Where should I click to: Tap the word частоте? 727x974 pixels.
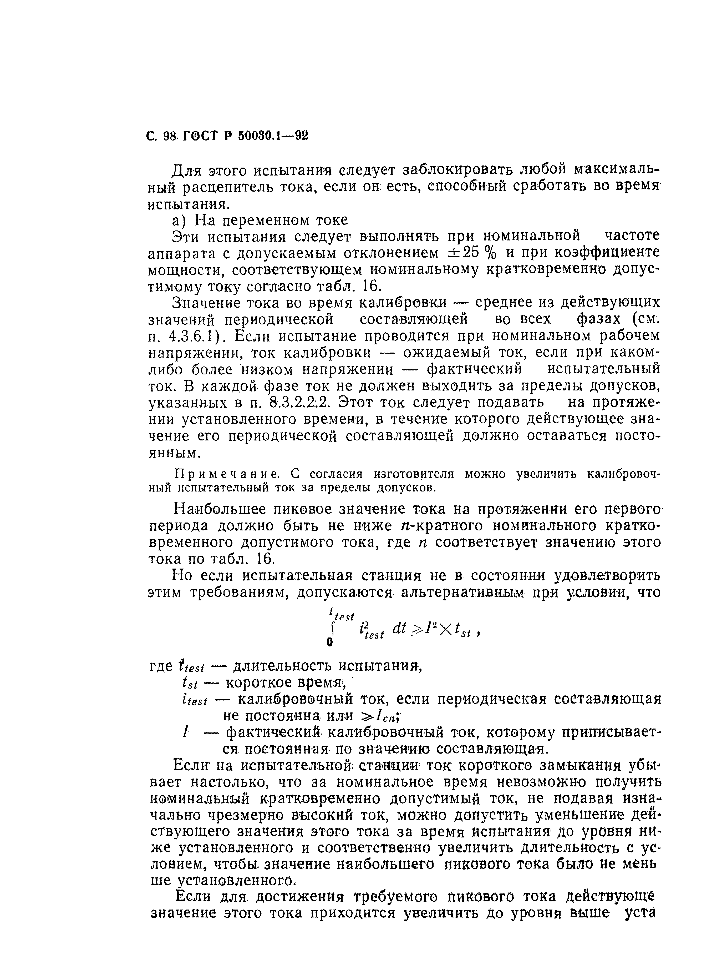pyautogui.click(x=632, y=237)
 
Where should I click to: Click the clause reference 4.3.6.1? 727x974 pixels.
pyautogui.click(x=193, y=337)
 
